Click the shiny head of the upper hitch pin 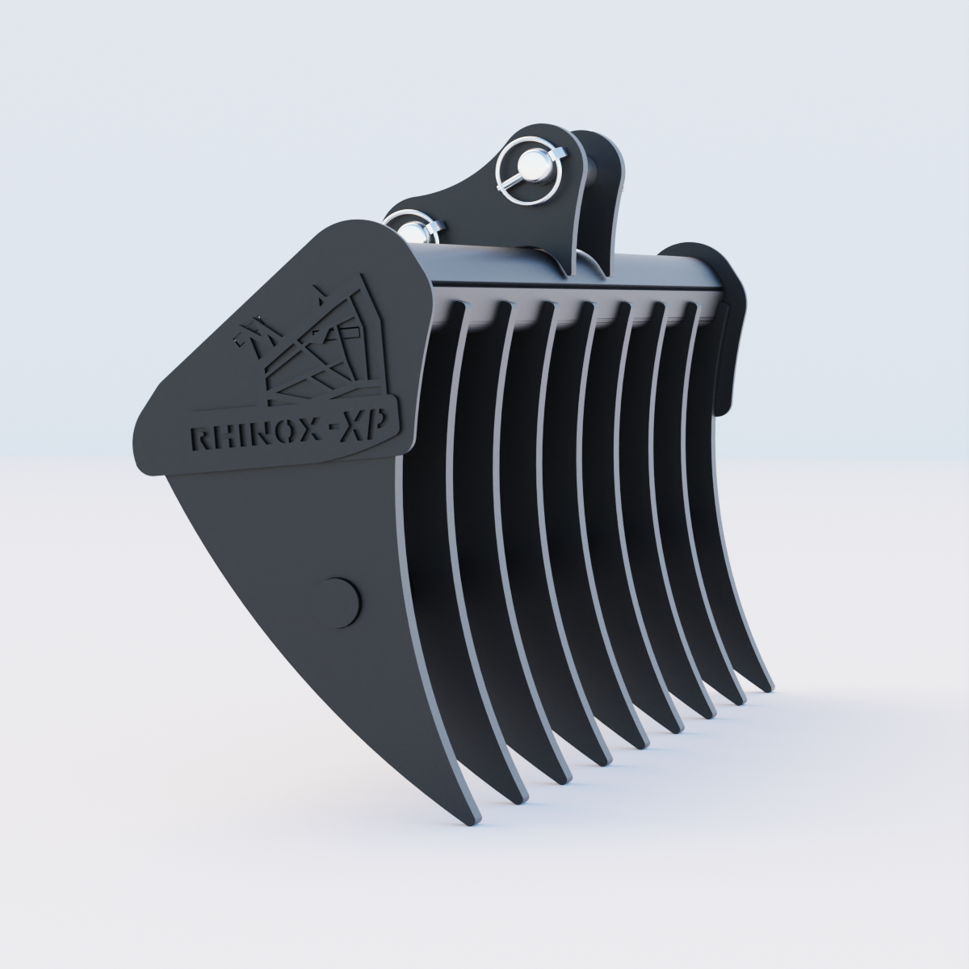532,167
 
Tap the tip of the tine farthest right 766,686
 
